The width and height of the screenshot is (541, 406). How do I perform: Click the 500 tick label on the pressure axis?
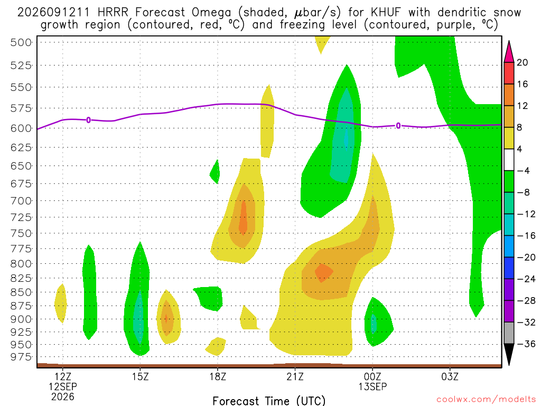21,42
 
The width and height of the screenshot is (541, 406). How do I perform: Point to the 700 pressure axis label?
21,200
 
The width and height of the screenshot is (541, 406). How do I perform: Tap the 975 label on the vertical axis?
21,357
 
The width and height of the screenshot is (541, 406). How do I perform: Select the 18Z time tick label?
218,376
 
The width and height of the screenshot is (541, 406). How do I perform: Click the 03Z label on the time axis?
450,376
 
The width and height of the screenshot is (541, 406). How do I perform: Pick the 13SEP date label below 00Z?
372,386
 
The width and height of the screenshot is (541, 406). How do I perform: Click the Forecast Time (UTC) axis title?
269,401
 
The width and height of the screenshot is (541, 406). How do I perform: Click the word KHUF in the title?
386,13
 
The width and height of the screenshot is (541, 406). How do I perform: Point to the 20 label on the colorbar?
522,62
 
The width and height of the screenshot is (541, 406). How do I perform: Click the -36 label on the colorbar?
526,344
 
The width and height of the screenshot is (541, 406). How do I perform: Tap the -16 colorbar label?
526,236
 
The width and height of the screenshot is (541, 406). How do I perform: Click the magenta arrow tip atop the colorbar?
509,41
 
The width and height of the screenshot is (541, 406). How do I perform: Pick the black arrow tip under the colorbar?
509,365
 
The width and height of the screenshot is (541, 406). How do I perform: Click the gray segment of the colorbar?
509,333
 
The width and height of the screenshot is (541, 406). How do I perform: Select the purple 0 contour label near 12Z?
89,120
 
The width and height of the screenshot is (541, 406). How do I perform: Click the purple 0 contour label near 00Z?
398,126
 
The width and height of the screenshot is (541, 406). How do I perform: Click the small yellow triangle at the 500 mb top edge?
321,43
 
